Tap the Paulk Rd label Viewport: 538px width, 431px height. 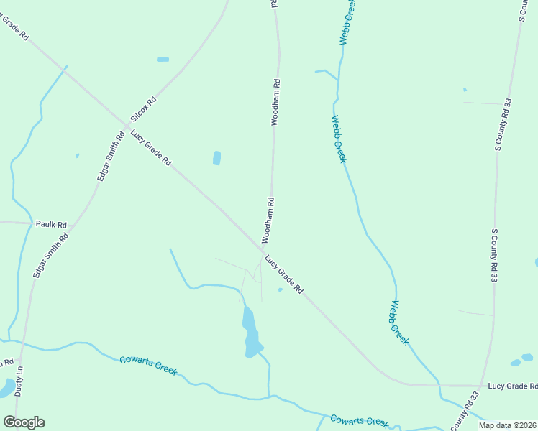tap(51, 224)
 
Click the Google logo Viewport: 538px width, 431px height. tap(24, 422)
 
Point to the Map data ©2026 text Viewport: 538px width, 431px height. tap(506, 425)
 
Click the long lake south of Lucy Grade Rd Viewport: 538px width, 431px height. tap(251, 332)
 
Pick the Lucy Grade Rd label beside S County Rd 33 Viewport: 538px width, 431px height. tap(512, 386)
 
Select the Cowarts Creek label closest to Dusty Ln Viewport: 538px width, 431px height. tap(148, 364)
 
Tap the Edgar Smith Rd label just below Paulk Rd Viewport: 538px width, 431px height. tap(50, 256)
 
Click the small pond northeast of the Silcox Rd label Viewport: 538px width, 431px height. tap(163, 59)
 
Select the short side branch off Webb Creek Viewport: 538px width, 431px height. tap(325, 72)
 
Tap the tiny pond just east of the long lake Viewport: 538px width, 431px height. tap(280, 290)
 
